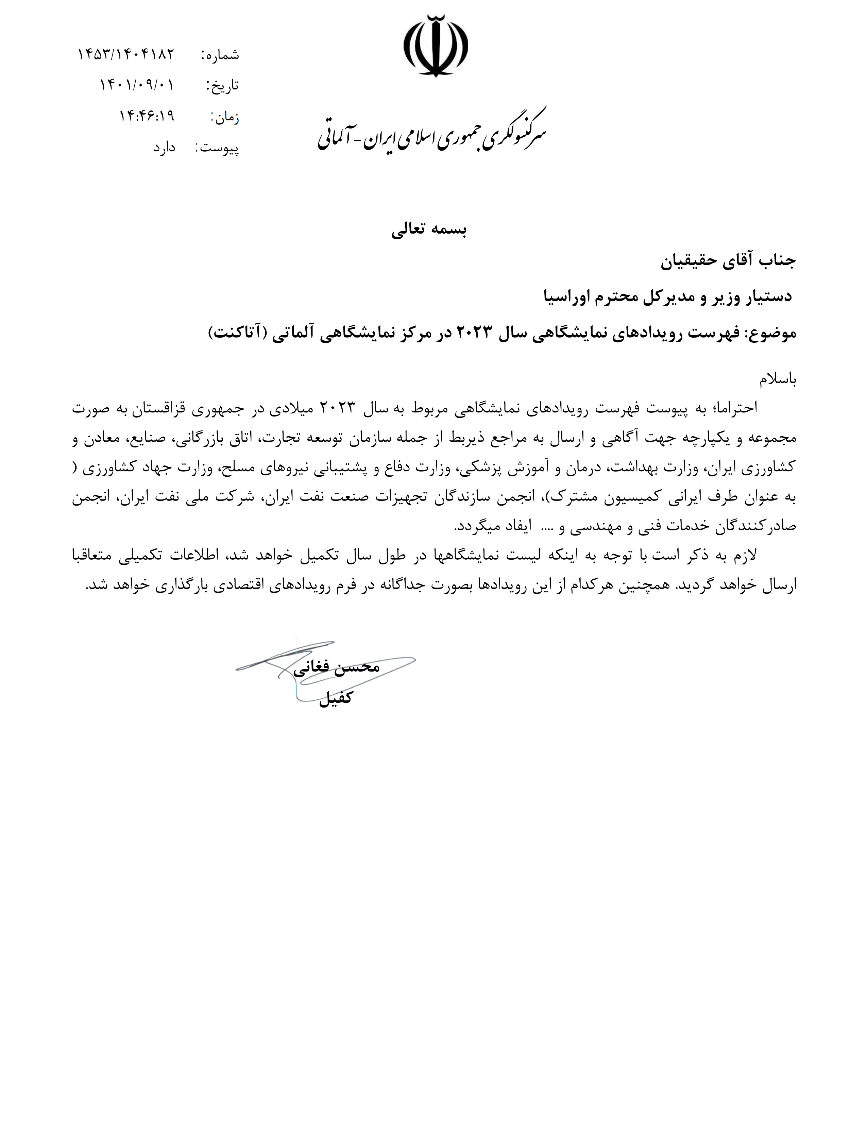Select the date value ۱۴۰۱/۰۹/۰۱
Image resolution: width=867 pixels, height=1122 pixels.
coord(137,85)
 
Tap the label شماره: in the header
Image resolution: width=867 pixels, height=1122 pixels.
coord(220,55)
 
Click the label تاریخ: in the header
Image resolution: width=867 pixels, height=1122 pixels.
coord(222,86)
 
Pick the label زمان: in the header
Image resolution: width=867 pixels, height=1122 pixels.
coord(225,118)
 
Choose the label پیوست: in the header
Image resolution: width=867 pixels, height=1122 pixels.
coord(217,149)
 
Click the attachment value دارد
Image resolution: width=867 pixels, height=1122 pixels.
coord(164,148)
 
